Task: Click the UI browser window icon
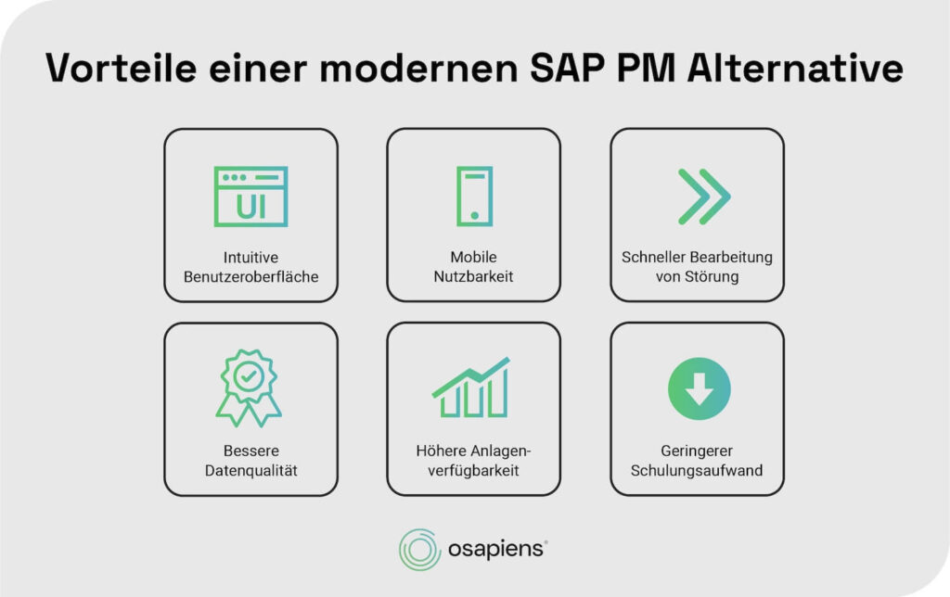pos(250,197)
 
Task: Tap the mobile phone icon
pos(474,197)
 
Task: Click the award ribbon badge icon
pos(250,387)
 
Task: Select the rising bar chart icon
pos(471,387)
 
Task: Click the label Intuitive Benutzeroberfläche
pos(250,266)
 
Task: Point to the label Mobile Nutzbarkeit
pos(474,266)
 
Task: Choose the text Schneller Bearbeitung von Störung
pos(697,266)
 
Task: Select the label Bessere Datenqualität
pos(250,461)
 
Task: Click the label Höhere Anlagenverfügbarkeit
pos(474,461)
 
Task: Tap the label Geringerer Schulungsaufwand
pos(697,461)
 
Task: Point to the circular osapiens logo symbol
pos(419,550)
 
